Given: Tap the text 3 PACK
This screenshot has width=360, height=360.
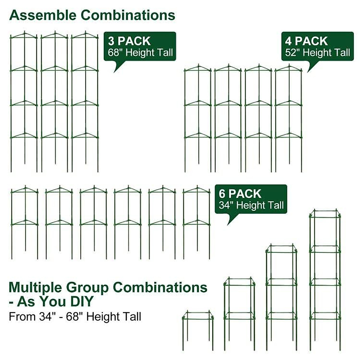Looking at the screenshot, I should click(129, 41).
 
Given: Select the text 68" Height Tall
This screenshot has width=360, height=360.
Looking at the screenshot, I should click(140, 53).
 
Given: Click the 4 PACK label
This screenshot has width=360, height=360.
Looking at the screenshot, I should click(306, 41).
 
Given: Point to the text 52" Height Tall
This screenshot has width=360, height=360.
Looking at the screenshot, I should click(317, 53).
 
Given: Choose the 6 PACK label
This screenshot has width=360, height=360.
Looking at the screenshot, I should click(240, 194).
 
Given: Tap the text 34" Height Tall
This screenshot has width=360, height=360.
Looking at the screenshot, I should click(251, 205).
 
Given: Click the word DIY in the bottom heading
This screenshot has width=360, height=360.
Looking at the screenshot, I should click(82, 301).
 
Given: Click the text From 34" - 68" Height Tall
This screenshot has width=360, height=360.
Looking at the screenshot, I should click(75, 317).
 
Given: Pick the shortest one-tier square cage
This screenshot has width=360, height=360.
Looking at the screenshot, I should click(198, 330).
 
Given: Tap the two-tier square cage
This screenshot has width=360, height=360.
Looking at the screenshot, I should click(239, 313).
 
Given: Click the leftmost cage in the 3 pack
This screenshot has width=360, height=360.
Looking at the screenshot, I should click(24, 102).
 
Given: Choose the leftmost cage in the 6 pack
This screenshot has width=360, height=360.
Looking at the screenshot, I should click(25, 222).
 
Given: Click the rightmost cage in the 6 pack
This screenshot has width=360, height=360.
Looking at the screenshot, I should click(197, 222).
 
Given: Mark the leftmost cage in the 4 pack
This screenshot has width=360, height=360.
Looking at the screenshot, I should click(198, 118).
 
